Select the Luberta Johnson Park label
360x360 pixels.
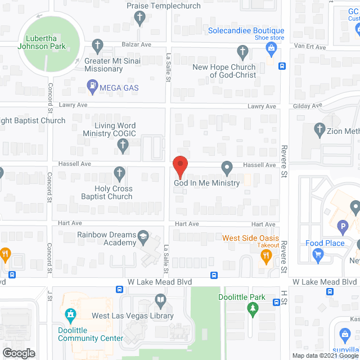[x=42, y=42]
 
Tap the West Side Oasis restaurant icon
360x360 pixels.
[x=266, y=256]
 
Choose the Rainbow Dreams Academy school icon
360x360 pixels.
[x=143, y=236]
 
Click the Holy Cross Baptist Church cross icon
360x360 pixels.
[x=119, y=173]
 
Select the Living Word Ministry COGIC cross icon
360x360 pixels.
[x=123, y=146]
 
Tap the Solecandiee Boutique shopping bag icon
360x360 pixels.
[x=272, y=49]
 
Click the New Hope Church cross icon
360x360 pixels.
[x=242, y=53]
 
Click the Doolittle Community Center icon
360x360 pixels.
[x=70, y=314]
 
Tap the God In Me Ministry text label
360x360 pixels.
[x=206, y=183]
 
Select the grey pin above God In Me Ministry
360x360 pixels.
[x=227, y=167]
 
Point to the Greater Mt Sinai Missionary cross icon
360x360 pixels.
[x=97, y=44]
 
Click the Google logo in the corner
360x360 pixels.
[x=18, y=353]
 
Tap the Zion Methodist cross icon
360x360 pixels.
[x=320, y=130]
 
